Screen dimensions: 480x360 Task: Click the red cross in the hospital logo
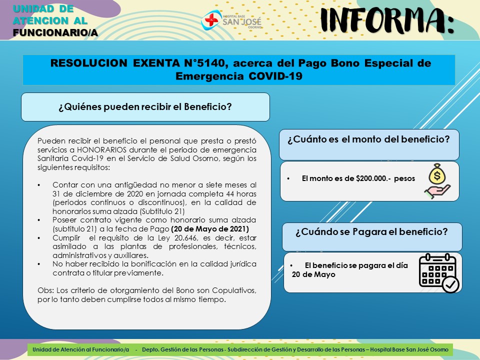(211, 20)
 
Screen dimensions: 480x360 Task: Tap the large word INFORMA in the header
(387, 20)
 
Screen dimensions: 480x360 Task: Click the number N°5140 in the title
(205, 63)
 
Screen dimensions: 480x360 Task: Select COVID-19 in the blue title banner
(275, 76)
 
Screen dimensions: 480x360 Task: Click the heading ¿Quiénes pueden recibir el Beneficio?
(145, 107)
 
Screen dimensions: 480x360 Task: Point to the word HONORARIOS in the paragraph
(101, 149)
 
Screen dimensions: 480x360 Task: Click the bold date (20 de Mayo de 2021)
(210, 229)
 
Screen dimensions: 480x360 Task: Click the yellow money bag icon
(437, 174)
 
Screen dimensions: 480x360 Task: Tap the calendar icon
(439, 272)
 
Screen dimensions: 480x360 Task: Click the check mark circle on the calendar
(450, 284)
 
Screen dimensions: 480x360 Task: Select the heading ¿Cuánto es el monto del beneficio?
(368, 139)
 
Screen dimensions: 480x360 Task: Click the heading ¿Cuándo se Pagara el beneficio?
(371, 231)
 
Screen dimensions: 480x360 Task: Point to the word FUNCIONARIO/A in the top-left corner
(55, 32)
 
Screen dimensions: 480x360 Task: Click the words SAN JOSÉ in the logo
(242, 21)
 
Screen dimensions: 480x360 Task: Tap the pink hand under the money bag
(437, 191)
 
